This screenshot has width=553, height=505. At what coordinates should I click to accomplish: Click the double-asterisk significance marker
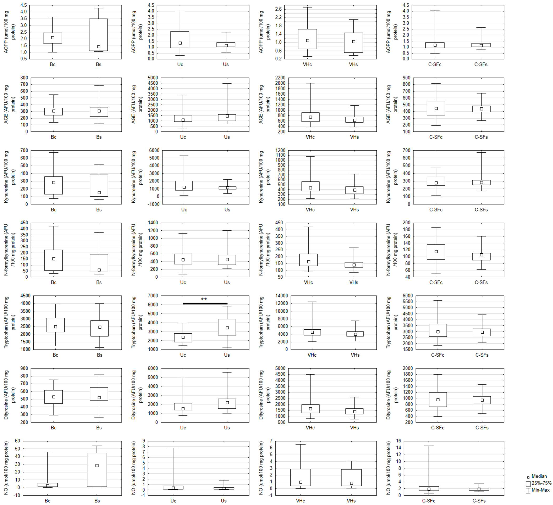(x=204, y=299)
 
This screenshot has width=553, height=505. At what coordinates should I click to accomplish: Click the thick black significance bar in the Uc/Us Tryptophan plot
(x=205, y=303)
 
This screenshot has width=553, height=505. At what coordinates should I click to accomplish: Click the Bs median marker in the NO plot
(x=97, y=465)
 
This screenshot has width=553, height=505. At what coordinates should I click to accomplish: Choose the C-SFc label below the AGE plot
(x=436, y=137)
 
